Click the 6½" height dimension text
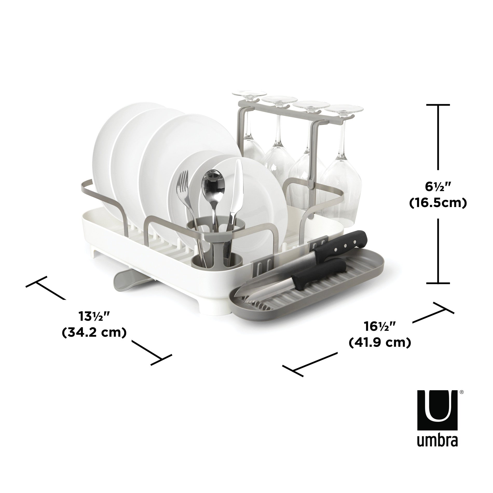(438, 186)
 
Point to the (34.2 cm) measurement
(94, 333)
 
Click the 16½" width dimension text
(380, 326)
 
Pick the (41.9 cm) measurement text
(380, 343)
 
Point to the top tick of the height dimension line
(438, 105)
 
